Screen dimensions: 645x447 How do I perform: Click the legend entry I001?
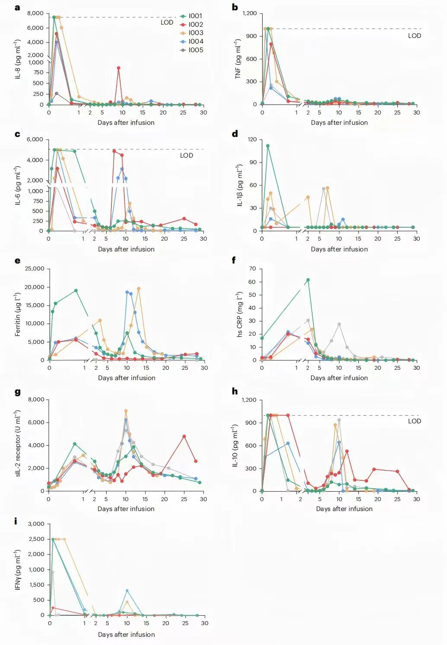[195, 16]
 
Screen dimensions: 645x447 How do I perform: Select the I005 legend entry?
[195, 50]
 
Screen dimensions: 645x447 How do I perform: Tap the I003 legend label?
[195, 33]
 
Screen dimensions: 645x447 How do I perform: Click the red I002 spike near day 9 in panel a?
[119, 68]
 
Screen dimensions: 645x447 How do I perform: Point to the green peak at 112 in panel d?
[268, 146]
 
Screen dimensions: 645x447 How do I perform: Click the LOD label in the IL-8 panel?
[167, 22]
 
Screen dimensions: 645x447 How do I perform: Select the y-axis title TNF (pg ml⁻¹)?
[238, 59]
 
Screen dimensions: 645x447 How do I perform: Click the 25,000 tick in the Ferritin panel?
[35, 269]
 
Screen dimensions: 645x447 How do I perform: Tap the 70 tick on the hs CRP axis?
[252, 269]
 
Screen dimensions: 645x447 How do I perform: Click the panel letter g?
[17, 392]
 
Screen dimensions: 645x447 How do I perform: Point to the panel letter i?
[16, 521]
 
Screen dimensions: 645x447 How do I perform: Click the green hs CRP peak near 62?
[308, 280]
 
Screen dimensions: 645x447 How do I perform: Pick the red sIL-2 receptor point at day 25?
[184, 436]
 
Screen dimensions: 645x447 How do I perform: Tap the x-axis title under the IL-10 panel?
[344, 509]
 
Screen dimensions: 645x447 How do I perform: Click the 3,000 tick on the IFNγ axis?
[36, 524]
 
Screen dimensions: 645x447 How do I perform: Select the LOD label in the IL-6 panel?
[187, 156]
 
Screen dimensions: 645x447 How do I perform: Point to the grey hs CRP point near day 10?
[339, 324]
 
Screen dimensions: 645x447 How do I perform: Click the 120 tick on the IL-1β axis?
[252, 140]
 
